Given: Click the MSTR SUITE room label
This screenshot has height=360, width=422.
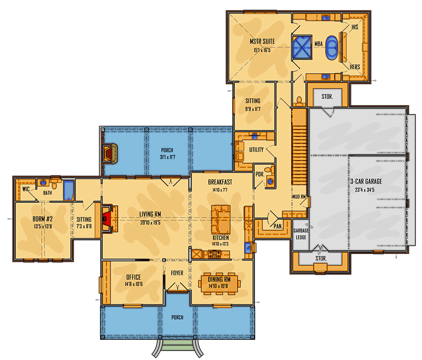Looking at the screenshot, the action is pyautogui.click(x=262, y=41).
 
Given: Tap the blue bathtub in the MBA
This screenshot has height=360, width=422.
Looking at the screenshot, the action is pyautogui.click(x=332, y=48).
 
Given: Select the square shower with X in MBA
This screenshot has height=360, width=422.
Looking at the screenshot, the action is pyautogui.click(x=302, y=47).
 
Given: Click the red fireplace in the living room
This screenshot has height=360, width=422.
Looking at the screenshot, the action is pyautogui.click(x=106, y=218).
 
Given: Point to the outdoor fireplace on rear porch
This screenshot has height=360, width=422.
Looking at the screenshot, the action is pyautogui.click(x=110, y=154).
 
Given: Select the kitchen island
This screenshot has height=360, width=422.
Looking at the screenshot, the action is pyautogui.click(x=221, y=219).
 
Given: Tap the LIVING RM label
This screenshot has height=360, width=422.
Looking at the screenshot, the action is pyautogui.click(x=150, y=214).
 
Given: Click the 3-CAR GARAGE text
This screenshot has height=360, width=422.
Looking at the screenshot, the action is pyautogui.click(x=366, y=181).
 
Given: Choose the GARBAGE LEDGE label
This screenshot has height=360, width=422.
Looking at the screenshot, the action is pyautogui.click(x=301, y=234).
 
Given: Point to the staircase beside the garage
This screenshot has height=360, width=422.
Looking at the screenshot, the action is pyautogui.click(x=299, y=147).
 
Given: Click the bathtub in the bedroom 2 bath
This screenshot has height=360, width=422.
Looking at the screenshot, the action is pyautogui.click(x=68, y=190).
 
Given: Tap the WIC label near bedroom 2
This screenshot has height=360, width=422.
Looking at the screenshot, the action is pyautogui.click(x=26, y=189).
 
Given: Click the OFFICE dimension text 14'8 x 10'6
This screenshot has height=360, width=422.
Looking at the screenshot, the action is pyautogui.click(x=134, y=284).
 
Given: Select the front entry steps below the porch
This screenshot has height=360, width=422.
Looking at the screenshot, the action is pyautogui.click(x=178, y=347).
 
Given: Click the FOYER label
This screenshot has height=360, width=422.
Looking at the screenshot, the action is pyautogui.click(x=177, y=273).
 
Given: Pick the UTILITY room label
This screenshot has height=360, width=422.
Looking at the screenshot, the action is pyautogui.click(x=256, y=150).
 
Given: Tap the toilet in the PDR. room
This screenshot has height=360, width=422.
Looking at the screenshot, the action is pyautogui.click(x=268, y=170).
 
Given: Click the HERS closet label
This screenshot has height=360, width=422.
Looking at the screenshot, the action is pyautogui.click(x=355, y=67).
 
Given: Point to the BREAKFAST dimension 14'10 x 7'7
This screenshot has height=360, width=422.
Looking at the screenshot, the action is pyautogui.click(x=220, y=190).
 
